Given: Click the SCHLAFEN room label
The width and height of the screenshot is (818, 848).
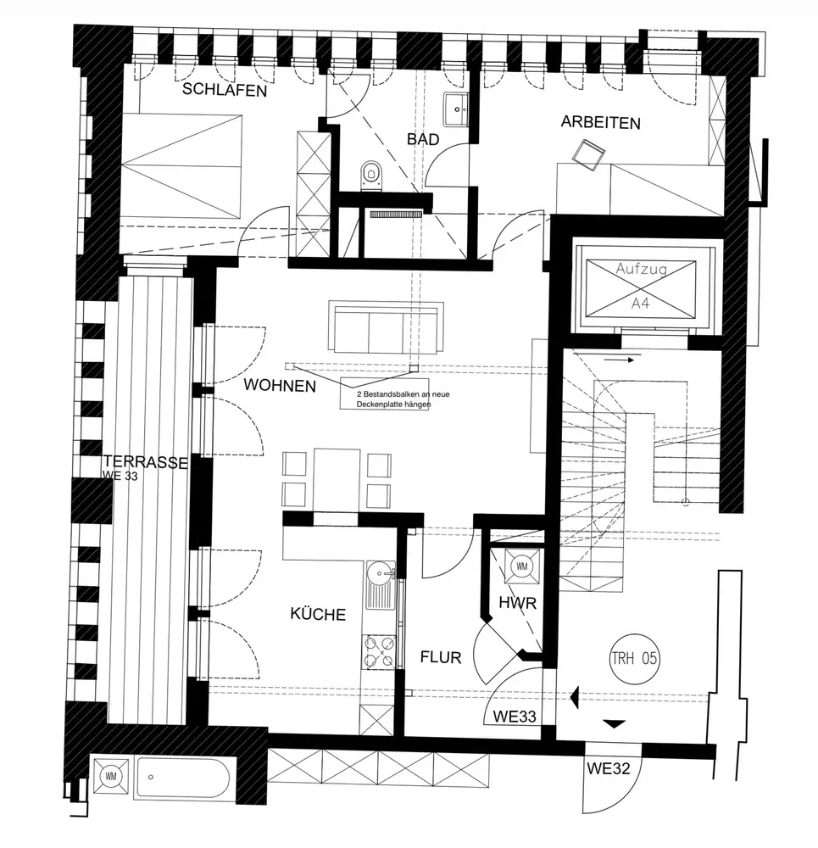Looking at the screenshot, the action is tap(225, 90).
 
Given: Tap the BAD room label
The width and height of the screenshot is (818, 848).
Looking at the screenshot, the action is tap(422, 139).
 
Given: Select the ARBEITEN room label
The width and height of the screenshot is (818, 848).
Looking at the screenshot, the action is tap(600, 123).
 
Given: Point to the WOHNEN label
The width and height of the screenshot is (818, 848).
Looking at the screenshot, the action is tap(280, 386).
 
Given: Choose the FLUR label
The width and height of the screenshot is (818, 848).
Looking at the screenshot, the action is tap(441, 657).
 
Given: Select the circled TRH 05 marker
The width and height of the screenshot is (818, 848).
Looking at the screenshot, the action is tap(634, 657).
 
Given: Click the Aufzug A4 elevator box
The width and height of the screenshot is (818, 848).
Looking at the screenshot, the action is tap(642, 287).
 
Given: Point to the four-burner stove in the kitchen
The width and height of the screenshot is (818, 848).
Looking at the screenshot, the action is tap(379, 650).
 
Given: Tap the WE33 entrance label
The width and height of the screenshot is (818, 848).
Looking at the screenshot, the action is tap(515, 717).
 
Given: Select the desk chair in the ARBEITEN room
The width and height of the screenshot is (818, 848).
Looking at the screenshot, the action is tap(587, 153).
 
